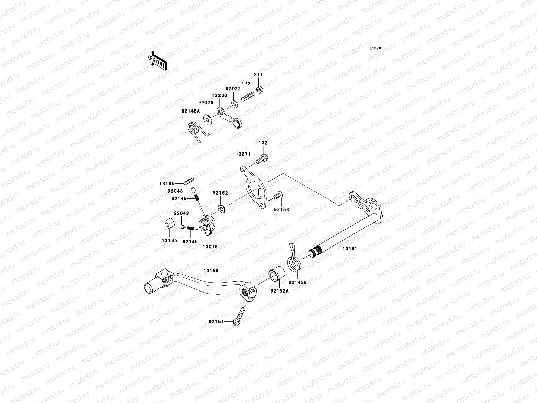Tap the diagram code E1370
pos(375,48)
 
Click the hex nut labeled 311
pos(259,90)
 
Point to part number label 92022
pos(233,89)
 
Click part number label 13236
pos(219,96)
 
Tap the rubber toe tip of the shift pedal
pos(150,287)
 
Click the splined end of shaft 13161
pos(314,253)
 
